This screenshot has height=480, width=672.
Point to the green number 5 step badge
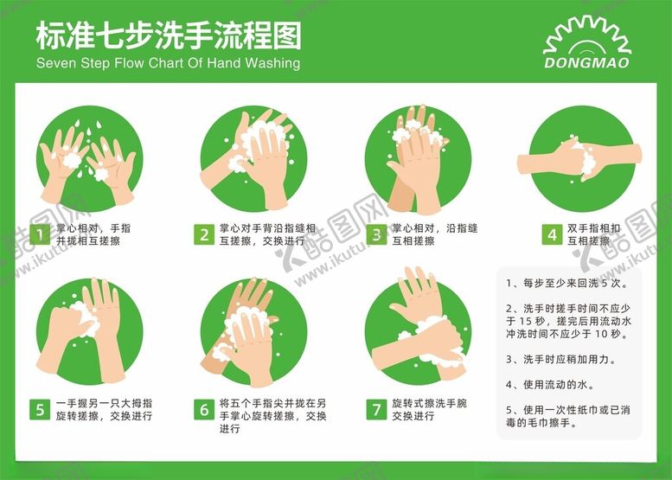tap(40, 409)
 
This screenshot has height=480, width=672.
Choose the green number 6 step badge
tap(204, 409)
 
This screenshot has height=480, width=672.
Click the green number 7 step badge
tap(376, 409)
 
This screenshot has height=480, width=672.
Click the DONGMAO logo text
tap(587, 62)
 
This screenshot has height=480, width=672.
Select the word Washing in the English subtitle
tap(272, 63)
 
